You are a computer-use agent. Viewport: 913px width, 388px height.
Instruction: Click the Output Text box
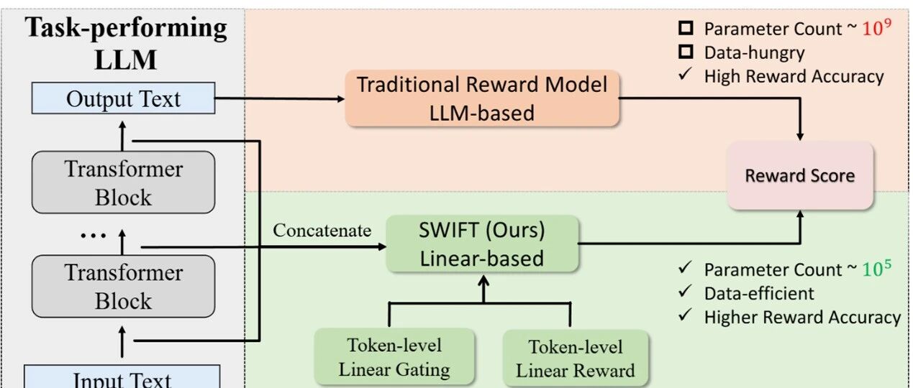pos(123,98)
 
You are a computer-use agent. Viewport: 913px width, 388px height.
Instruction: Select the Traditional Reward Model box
pos(482,98)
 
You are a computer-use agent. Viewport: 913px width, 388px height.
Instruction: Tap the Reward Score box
pos(799,175)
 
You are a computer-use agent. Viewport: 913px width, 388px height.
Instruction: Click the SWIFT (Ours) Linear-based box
pos(482,244)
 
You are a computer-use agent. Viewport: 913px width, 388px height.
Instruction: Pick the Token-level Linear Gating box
pos(394,357)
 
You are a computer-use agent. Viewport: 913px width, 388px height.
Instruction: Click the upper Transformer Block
pos(123,183)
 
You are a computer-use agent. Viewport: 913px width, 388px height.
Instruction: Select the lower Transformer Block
pos(123,287)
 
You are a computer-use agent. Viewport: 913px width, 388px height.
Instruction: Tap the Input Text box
pos(123,379)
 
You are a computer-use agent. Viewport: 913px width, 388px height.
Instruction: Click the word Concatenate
pos(322,231)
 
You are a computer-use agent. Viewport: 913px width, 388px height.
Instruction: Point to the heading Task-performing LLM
pos(126,43)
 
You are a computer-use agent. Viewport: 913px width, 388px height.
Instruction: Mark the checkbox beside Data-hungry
pos(686,52)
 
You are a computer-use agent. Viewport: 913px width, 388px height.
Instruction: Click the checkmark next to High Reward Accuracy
pos(686,75)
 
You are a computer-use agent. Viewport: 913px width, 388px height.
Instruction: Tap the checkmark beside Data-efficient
pos(686,293)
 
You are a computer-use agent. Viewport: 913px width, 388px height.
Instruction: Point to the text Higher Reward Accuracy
pos(802,317)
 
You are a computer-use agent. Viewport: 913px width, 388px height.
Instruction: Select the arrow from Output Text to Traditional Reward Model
pos(281,99)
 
